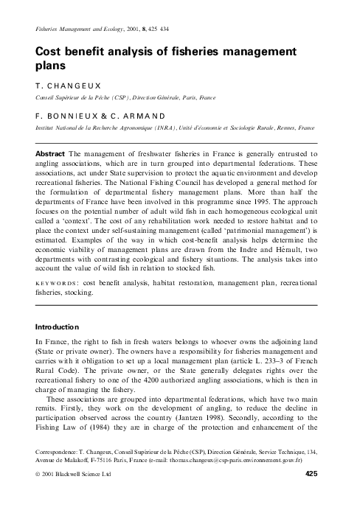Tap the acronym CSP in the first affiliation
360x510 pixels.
pos(113,97)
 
